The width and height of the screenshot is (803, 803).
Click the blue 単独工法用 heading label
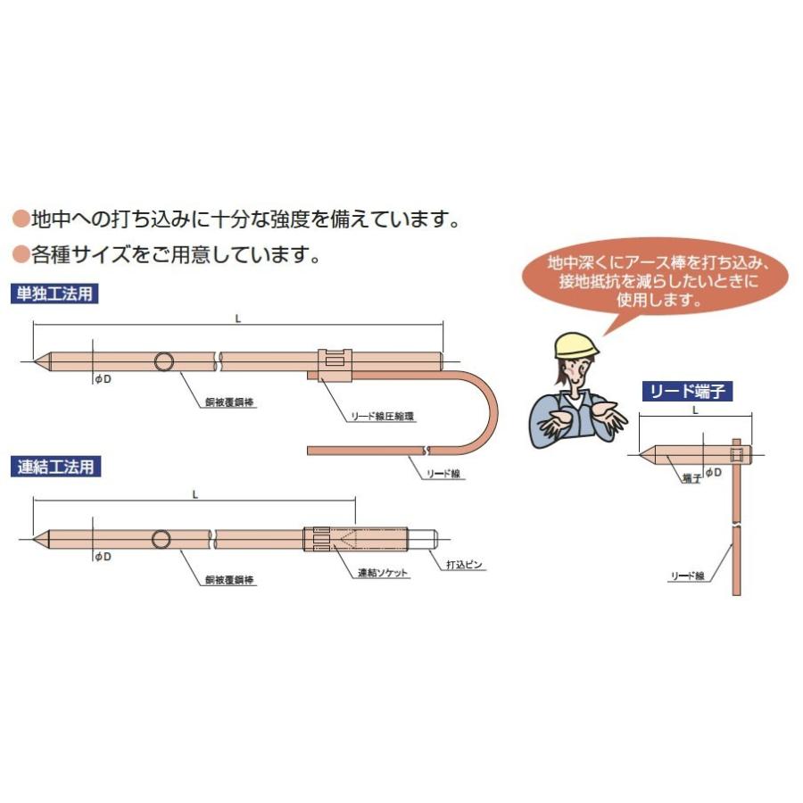pyautogui.click(x=53, y=294)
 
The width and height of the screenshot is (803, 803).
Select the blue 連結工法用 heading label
pyautogui.click(x=53, y=465)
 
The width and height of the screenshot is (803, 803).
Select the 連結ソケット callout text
pyautogui.click(x=383, y=573)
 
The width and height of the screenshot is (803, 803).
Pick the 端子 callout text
pyautogui.click(x=691, y=479)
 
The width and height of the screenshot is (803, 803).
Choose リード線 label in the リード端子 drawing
pyautogui.click(x=687, y=577)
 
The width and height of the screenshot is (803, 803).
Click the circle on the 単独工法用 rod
pyautogui.click(x=164, y=361)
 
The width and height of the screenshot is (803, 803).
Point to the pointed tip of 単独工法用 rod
pyautogui.click(x=38, y=361)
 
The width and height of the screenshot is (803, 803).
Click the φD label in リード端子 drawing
pyautogui.click(x=713, y=472)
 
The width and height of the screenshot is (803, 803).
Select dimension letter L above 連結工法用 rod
pyautogui.click(x=195, y=493)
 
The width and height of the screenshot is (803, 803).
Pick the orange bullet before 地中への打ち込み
pyautogui.click(x=20, y=218)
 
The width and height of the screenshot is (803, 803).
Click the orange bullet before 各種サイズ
pyautogui.click(x=20, y=255)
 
